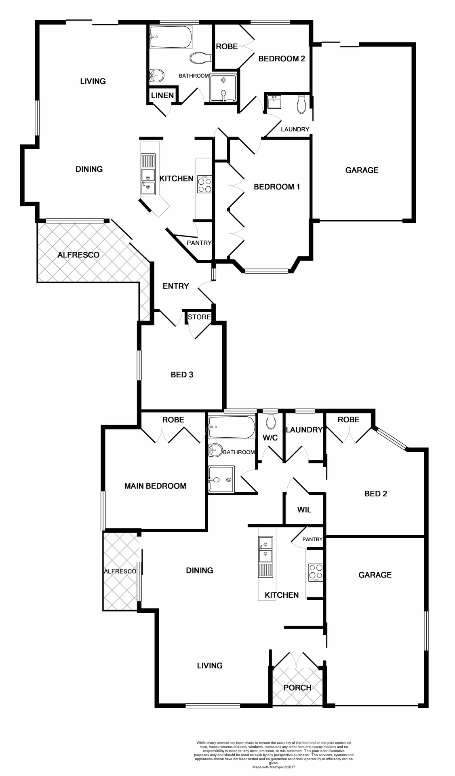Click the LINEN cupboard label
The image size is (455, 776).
[162, 95]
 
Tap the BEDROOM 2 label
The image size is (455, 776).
[281, 59]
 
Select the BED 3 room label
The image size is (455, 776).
[182, 375]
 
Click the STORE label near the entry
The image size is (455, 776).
[199, 317]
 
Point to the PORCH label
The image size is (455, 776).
[297, 687]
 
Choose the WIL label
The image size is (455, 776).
[304, 510]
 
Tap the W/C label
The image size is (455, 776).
[270, 438]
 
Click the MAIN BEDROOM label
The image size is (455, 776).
[155, 486]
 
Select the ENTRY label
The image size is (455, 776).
[176, 286]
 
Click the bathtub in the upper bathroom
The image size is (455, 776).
[170, 37]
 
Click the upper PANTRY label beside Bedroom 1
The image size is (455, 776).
[199, 243]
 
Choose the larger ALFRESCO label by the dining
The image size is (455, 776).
[78, 255]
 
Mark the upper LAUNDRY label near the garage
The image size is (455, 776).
[295, 129]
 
